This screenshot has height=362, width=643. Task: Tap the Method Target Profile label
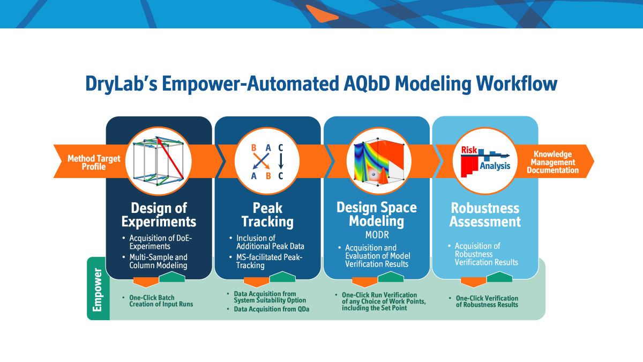(86, 162)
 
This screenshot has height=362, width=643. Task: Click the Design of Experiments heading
(159, 215)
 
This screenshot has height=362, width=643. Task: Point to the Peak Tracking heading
(267, 215)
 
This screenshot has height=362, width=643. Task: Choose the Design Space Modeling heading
(376, 213)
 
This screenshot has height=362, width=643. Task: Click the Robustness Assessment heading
(485, 215)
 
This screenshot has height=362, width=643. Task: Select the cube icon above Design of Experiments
(159, 160)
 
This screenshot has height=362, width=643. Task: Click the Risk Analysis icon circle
(485, 160)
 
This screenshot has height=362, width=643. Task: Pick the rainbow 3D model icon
(376, 160)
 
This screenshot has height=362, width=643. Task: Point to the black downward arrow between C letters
(280, 160)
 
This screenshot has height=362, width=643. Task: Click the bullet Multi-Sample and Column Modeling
(158, 261)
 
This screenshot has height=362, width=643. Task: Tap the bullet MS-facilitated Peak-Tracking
(269, 261)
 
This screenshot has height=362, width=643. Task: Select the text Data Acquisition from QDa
(272, 309)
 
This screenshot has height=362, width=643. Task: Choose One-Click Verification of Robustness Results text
(487, 301)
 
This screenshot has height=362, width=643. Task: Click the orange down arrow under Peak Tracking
(256, 282)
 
